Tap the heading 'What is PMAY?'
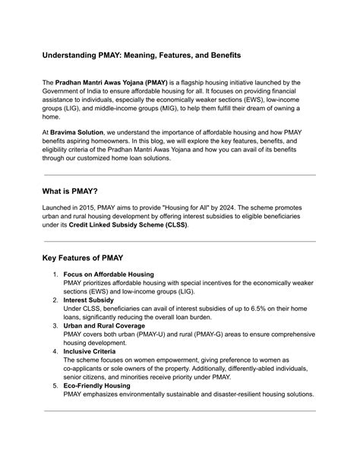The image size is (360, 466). coord(77,190)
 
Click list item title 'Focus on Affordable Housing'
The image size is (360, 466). coord(109,274)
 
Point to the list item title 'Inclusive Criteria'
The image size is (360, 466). coord(91,351)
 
